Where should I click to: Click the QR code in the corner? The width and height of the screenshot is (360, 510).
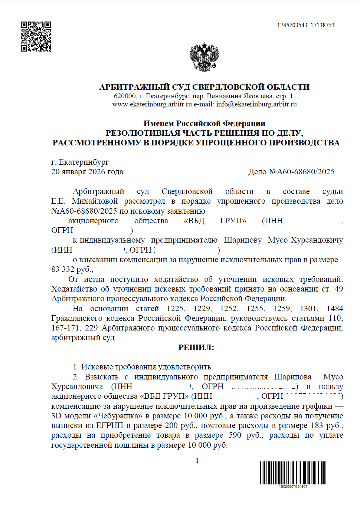tap(36, 36)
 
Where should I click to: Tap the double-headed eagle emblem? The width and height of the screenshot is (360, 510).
tap(204, 57)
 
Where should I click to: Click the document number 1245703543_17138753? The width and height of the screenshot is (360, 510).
tap(306, 25)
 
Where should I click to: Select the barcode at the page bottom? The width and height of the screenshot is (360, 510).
tap(293, 473)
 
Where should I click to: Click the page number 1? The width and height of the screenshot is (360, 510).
tap(197, 461)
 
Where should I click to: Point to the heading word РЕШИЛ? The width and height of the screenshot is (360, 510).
tap(196, 348)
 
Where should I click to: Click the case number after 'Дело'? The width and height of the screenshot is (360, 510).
tap(302, 172)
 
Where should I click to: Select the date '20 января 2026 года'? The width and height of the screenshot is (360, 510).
tap(87, 172)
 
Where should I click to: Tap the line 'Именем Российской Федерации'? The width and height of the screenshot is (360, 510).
tap(204, 124)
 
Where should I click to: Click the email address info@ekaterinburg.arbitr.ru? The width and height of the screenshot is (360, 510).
tap(256, 104)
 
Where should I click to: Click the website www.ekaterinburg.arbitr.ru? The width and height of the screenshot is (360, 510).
tap(152, 104)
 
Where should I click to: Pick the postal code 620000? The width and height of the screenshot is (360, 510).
tap(125, 96)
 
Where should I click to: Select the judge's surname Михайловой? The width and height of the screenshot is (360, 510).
tap(95, 201)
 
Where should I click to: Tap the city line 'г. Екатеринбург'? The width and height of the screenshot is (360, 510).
tap(80, 162)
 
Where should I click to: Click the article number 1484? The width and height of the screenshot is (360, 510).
tap(335, 309)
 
